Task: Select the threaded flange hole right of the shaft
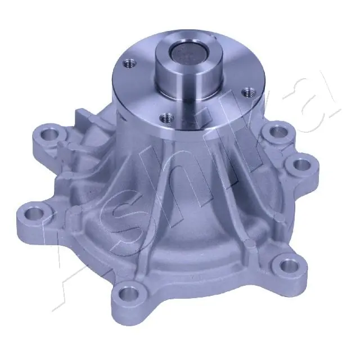(245, 91)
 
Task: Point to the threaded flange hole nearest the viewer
(166, 118)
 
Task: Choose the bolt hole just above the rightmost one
(278, 133)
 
